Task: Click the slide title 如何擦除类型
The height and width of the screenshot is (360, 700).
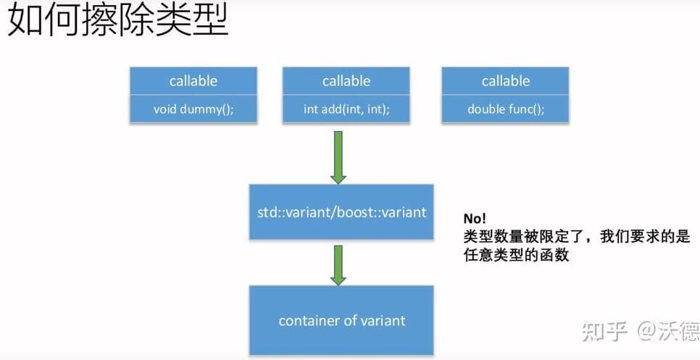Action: [118, 20]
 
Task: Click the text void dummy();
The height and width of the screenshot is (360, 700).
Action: [193, 109]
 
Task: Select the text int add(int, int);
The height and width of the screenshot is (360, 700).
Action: [346, 109]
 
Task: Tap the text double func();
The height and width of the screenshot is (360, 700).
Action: [506, 109]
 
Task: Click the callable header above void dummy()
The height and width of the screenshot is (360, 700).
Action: [193, 80]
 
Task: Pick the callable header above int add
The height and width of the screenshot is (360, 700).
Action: [346, 80]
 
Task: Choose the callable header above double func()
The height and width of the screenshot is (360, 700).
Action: [506, 80]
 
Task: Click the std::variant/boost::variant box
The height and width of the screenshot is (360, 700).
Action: [341, 212]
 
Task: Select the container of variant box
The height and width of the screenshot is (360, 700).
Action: [341, 320]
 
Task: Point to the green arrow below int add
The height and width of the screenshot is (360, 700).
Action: [338, 157]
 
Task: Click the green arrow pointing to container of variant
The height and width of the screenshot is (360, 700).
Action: [338, 265]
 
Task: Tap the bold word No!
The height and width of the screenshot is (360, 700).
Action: [475, 219]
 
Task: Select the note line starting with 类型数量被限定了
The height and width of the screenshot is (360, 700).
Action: [577, 237]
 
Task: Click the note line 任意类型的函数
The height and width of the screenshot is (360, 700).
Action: [517, 255]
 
